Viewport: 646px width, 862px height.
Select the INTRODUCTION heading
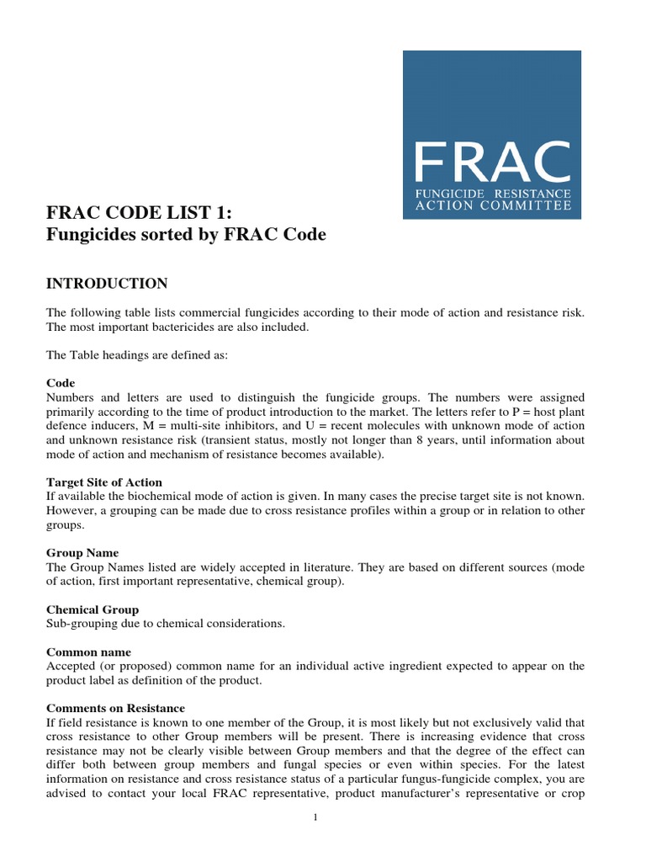107,283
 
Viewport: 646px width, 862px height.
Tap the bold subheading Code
61,382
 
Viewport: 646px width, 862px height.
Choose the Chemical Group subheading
93,609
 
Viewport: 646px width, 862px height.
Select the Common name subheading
88,652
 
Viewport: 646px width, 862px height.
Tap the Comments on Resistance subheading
115,708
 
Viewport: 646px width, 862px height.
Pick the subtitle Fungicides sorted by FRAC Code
186,235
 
